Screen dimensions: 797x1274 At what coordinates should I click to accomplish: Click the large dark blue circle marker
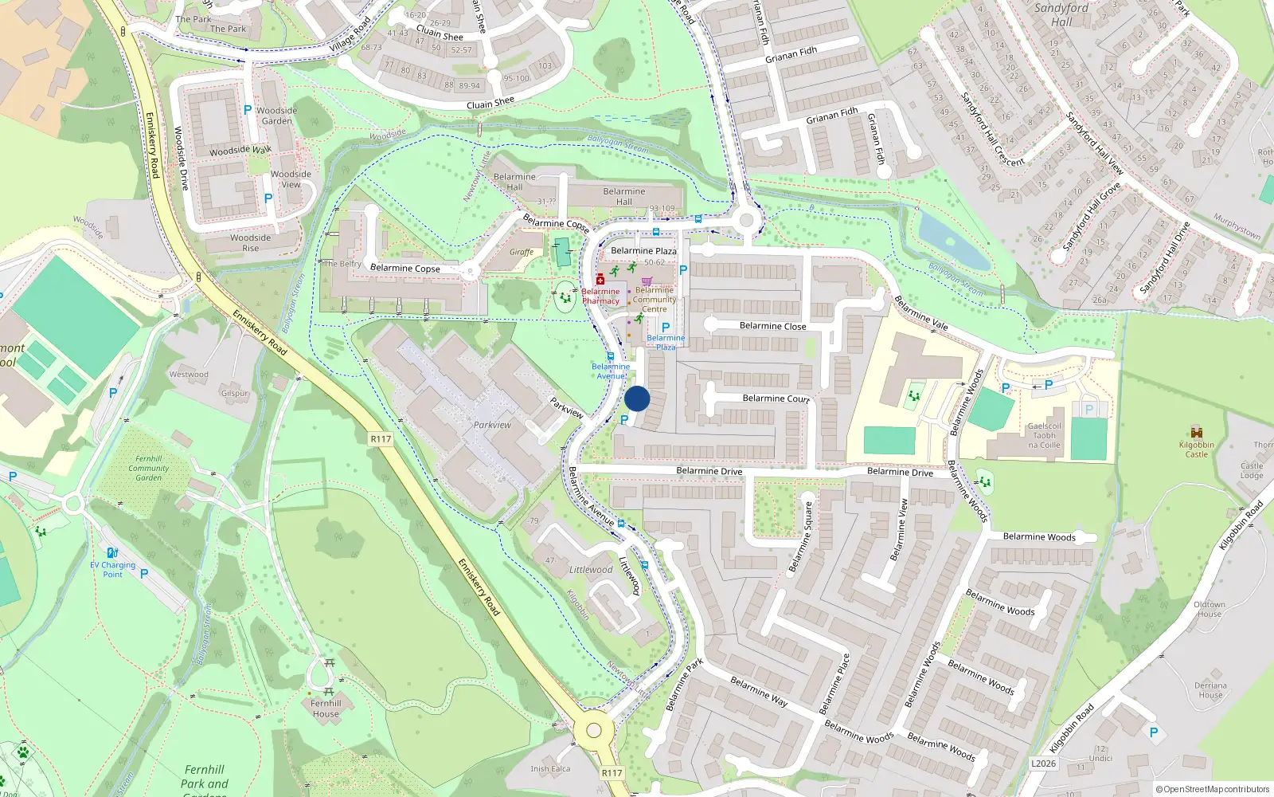point(637,399)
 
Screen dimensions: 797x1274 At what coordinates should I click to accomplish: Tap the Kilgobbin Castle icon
point(1196,433)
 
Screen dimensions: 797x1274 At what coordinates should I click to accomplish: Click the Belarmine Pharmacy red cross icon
point(600,280)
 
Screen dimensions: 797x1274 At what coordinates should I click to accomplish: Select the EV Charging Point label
point(112,569)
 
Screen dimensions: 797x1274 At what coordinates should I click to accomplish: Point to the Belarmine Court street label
point(776,398)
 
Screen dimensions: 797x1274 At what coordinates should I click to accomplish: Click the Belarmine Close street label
point(772,326)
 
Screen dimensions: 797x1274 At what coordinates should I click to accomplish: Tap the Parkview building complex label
point(492,425)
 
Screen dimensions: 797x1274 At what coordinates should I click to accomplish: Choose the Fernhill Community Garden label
point(149,468)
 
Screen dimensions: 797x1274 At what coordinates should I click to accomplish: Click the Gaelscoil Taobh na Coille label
point(1044,435)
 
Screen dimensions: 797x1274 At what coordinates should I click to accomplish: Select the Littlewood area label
point(590,570)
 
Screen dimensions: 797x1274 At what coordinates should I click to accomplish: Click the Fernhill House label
point(326,709)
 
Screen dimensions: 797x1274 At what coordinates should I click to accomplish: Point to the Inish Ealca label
point(550,769)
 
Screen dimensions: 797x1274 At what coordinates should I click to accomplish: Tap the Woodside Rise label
point(251,242)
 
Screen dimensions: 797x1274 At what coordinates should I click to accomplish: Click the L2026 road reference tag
point(1043,764)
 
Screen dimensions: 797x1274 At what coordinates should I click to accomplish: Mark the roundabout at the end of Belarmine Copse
point(471,272)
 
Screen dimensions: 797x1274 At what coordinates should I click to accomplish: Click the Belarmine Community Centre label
point(655,300)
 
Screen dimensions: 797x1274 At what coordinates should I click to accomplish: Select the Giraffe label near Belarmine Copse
point(522,252)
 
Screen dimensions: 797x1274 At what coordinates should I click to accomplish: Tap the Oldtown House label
point(1209,609)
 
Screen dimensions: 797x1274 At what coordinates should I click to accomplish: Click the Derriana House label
point(1210,690)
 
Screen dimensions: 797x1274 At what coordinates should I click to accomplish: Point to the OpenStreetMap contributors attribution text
point(1213,789)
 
